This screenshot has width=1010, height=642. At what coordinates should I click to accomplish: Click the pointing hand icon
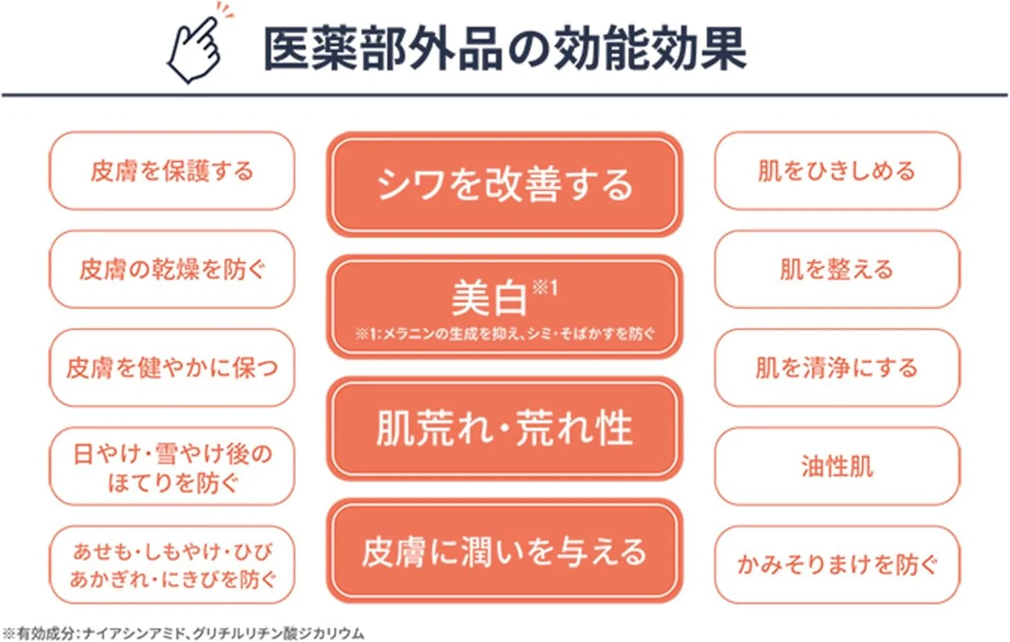199,45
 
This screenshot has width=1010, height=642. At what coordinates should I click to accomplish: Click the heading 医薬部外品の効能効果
504,49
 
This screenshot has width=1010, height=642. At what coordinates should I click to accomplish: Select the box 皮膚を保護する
172,171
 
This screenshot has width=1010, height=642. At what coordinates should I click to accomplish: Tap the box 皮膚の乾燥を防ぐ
172,269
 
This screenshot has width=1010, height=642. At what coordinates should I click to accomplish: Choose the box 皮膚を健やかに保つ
172,368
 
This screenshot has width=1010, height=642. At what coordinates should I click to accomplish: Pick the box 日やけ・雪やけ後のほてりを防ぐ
172,466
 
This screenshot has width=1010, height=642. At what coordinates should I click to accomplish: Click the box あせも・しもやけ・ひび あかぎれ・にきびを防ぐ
172,565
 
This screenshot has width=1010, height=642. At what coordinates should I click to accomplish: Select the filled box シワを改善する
504,185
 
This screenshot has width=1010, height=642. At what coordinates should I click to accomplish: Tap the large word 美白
490,298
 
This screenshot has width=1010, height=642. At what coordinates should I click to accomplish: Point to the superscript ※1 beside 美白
545,288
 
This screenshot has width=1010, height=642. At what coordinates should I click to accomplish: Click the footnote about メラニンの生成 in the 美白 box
504,334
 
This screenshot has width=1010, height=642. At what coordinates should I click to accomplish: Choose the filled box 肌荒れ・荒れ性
504,428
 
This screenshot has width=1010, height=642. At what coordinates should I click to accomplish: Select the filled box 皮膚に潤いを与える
504,551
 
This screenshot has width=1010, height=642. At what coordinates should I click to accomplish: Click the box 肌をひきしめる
838,171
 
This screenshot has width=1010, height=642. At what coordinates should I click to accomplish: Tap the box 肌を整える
838,269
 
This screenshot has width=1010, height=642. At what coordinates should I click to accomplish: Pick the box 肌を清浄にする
838,368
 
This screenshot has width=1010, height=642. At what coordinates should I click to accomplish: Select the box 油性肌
838,466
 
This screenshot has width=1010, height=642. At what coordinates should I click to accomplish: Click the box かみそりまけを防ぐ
838,565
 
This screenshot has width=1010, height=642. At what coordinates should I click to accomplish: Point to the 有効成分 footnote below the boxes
183,633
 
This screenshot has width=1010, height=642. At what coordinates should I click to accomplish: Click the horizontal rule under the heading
504,95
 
